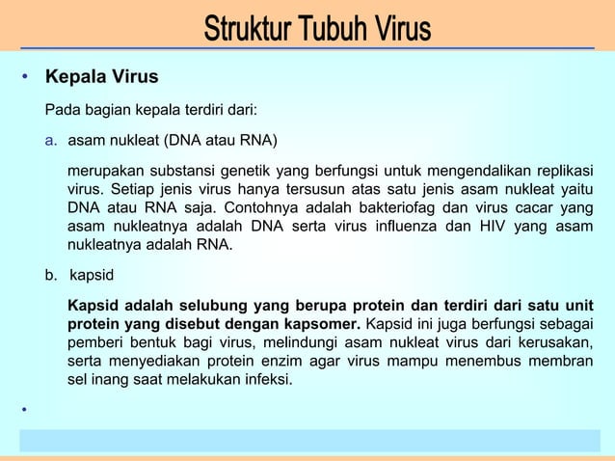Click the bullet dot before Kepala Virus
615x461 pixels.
pyautogui.click(x=25, y=76)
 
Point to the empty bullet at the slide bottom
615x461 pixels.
pyautogui.click(x=25, y=412)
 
